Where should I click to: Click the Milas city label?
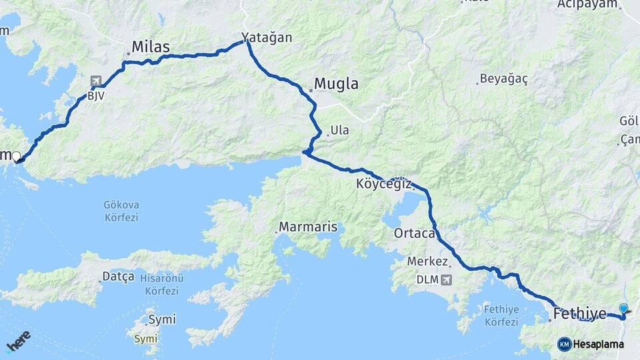click(151, 47)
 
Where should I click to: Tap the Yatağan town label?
click(267, 37)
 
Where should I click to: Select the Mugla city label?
click(336, 84)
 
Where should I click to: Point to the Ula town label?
click(340, 130)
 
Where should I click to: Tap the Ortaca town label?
click(415, 233)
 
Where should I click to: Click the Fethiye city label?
click(580, 313)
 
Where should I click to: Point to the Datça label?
click(118, 276)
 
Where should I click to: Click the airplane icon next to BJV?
click(96, 81)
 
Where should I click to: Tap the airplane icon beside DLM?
click(445, 279)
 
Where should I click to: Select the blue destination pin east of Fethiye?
click(623, 309)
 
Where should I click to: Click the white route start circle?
click(16, 157)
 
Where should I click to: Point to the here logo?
click(18, 341)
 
